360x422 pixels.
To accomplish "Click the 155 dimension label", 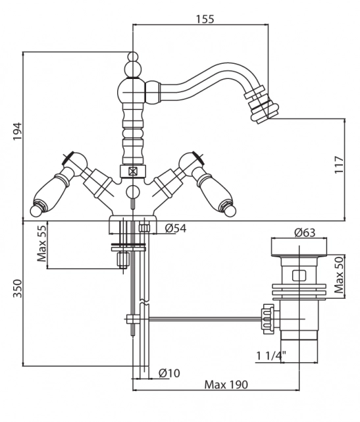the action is click(205, 19).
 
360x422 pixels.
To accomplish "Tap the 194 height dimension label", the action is click(17, 131).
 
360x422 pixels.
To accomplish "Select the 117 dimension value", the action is click(339, 165).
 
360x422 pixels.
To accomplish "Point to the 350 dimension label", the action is click(17, 288).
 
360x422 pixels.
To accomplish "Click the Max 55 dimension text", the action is click(41, 243).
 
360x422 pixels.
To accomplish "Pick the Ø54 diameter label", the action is click(176, 228).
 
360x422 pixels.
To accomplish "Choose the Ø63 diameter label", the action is click(305, 232).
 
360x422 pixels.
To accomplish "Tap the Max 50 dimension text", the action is click(339, 275).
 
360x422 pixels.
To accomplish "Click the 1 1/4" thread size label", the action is click(270, 356).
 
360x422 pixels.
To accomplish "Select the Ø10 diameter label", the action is click(169, 373).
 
